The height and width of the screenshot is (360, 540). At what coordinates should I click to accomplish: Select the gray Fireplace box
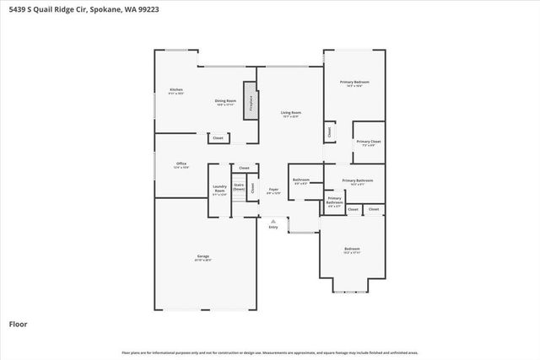(x=251, y=100)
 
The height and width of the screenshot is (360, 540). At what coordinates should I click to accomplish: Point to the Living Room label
(x=291, y=113)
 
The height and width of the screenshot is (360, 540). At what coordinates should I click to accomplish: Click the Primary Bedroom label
(x=355, y=83)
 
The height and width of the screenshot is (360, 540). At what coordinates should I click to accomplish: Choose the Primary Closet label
(x=368, y=142)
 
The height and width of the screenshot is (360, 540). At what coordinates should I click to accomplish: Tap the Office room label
(x=181, y=164)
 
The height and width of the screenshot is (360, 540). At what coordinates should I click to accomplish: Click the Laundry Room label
(x=219, y=189)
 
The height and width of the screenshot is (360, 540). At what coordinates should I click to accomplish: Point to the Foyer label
(x=273, y=191)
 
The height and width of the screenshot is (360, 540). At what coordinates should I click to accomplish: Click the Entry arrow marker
(x=273, y=221)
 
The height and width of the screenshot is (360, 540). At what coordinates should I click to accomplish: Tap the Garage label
(x=203, y=256)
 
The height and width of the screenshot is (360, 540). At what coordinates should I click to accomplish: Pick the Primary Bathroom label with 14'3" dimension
(x=358, y=181)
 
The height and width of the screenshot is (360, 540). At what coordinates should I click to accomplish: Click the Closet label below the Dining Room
(x=218, y=137)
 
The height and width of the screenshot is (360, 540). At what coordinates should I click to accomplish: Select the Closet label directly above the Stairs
(x=244, y=168)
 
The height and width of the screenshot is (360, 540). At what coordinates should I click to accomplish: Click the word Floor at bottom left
(x=18, y=323)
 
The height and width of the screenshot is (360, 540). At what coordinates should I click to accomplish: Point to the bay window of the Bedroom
(x=351, y=292)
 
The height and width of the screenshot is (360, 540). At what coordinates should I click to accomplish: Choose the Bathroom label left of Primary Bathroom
(x=301, y=180)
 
